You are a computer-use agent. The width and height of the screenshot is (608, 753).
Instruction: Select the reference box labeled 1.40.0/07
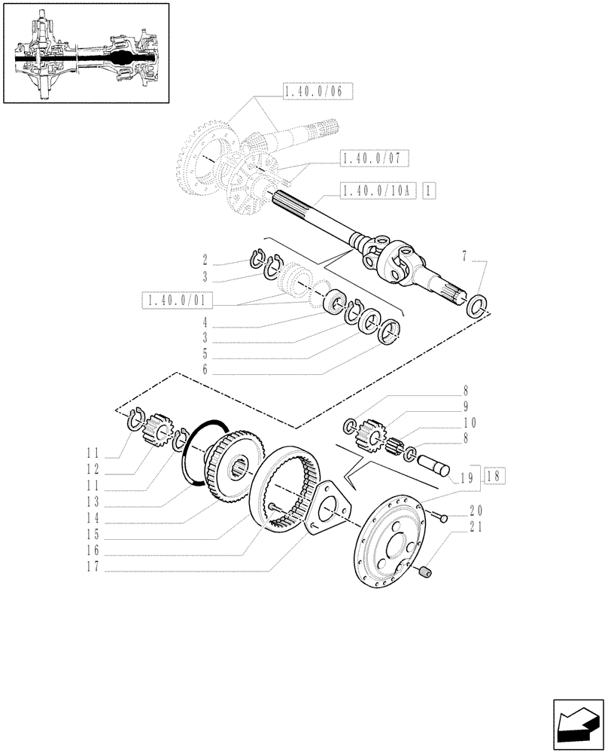tap(375, 159)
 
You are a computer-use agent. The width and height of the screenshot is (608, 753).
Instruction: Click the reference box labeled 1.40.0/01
tap(177, 302)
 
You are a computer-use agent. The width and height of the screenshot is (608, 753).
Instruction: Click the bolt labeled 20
tap(439, 517)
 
